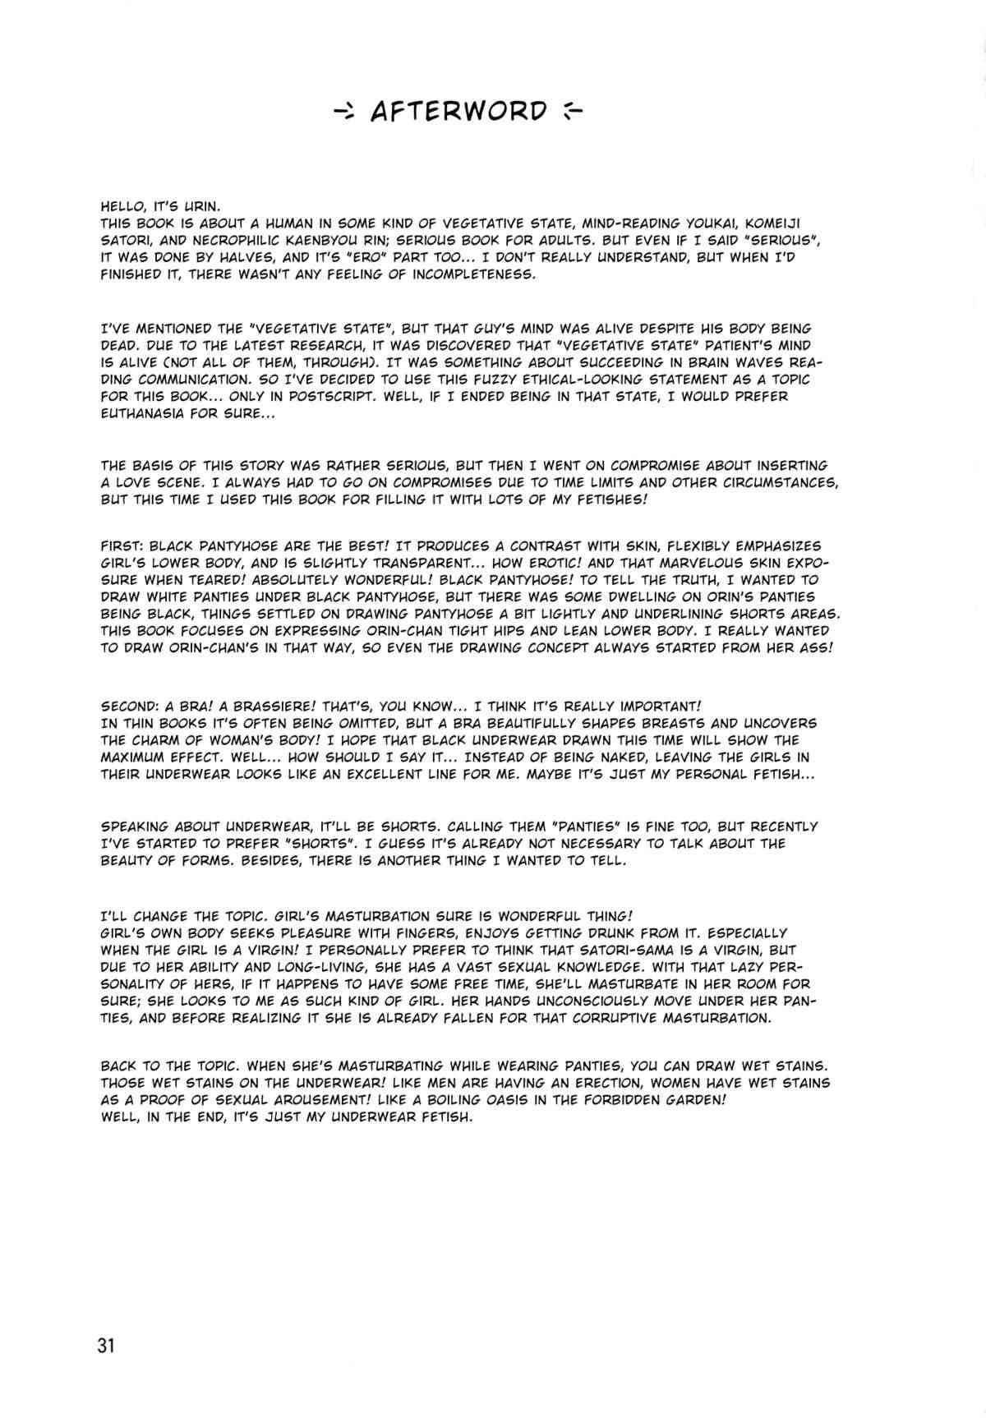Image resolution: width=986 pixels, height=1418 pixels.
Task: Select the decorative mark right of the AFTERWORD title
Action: [x=569, y=112]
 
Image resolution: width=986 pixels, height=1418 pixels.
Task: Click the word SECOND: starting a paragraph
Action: [x=130, y=707]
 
